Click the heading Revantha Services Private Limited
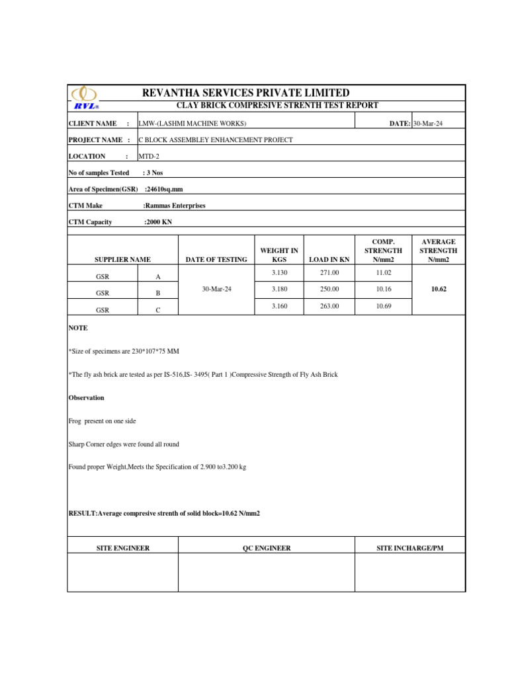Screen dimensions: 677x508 coord(246,93)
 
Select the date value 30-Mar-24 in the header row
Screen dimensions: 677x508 coord(427,123)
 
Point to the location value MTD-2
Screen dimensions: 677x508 coord(149,157)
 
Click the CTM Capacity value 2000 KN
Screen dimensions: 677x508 coord(158,222)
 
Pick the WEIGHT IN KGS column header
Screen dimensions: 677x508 coord(279,255)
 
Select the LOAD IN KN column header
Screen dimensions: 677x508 coord(329,260)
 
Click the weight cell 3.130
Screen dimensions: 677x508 coord(279,272)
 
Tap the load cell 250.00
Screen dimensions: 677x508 coord(329,289)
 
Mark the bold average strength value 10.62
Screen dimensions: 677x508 coord(439,289)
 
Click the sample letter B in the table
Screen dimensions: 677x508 coord(158,293)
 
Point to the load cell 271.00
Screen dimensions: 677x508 coord(329,272)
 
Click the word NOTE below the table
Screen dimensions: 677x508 coord(78,328)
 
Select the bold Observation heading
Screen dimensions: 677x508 coord(86,398)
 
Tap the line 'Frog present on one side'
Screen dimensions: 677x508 coord(103,421)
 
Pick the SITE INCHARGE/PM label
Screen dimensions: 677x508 coord(409,548)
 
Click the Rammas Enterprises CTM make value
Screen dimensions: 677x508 coord(175,206)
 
